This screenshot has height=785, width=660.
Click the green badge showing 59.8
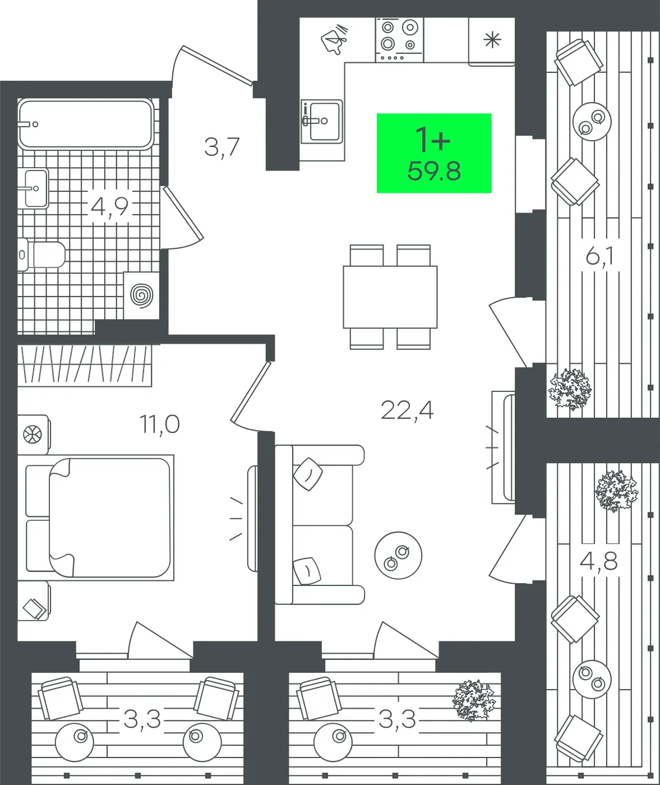(x=434, y=153)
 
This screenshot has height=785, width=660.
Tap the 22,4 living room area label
(x=407, y=410)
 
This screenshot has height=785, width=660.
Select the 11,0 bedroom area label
(x=159, y=425)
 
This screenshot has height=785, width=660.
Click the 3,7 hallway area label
(x=222, y=147)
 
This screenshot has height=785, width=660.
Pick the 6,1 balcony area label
(x=600, y=257)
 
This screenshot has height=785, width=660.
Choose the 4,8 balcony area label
(x=599, y=562)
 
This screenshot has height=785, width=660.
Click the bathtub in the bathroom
(x=86, y=124)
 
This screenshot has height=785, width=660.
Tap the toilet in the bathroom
(x=41, y=255)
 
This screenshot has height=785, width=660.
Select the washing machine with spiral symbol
(x=141, y=295)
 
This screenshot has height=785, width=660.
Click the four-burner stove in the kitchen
(x=399, y=40)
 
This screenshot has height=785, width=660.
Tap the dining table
(x=390, y=297)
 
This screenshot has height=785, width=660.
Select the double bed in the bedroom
(x=99, y=518)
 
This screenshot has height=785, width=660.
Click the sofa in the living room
(x=320, y=525)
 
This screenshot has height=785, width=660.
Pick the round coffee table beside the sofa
(x=398, y=556)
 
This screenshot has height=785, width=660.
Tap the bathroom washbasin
(x=36, y=188)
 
